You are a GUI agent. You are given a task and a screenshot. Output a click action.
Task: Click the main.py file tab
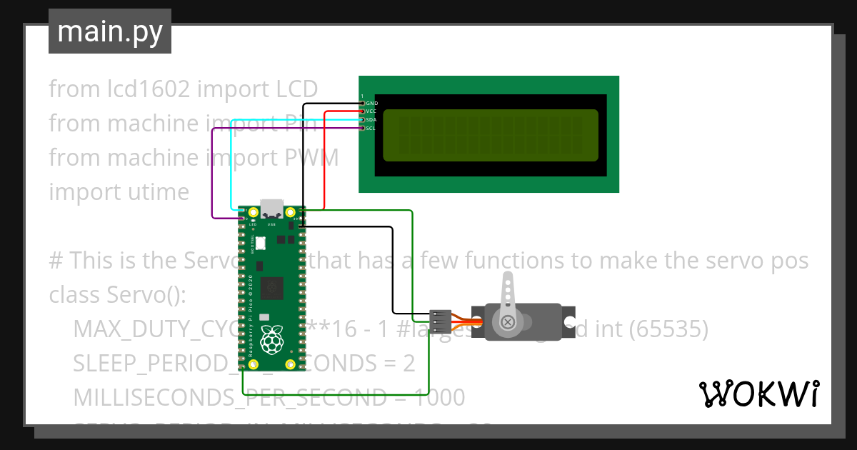pyautogui.click(x=110, y=31)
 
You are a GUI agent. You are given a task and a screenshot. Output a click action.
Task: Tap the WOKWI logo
pyautogui.click(x=758, y=394)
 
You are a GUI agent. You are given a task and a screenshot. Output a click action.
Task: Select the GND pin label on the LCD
pyautogui.click(x=371, y=103)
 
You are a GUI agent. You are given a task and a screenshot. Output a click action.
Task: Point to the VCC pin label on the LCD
pyautogui.click(x=371, y=111)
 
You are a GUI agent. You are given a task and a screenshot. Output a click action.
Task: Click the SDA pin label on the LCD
pyautogui.click(x=371, y=120)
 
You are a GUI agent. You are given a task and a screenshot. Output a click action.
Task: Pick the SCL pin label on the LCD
pyautogui.click(x=371, y=129)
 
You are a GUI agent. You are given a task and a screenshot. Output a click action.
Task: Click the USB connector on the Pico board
pyautogui.click(x=271, y=209)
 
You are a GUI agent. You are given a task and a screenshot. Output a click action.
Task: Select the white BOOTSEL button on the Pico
pyautogui.click(x=260, y=244)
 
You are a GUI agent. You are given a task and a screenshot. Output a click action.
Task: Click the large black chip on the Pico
pyautogui.click(x=271, y=289)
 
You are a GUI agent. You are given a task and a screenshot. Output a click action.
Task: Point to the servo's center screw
pyautogui.click(x=508, y=322)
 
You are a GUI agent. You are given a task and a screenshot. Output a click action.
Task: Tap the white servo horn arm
pyautogui.click(x=508, y=293)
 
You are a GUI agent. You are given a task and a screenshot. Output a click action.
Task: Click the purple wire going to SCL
pyautogui.click(x=213, y=171)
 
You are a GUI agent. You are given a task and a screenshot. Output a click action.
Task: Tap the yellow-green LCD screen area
pyautogui.click(x=490, y=135)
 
